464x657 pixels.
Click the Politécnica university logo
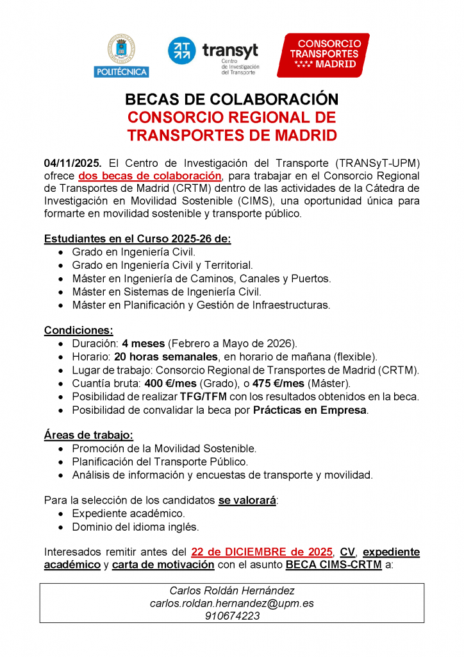click(x=120, y=55)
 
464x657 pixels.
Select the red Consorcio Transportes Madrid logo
click(x=323, y=55)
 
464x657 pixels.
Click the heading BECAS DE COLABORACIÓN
click(x=231, y=100)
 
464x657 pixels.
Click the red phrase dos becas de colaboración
click(x=150, y=176)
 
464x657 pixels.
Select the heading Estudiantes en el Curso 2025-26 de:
click(x=137, y=239)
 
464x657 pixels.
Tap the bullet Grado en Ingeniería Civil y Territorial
click(x=162, y=265)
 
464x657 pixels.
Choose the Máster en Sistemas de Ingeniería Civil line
click(x=167, y=291)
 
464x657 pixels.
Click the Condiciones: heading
click(x=78, y=330)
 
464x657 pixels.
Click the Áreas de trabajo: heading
click(x=88, y=435)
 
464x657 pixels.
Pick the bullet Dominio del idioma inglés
click(x=135, y=527)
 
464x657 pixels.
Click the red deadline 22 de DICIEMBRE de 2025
click(x=262, y=552)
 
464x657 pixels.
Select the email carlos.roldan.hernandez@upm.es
click(x=231, y=604)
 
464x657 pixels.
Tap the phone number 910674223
click(x=231, y=617)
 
